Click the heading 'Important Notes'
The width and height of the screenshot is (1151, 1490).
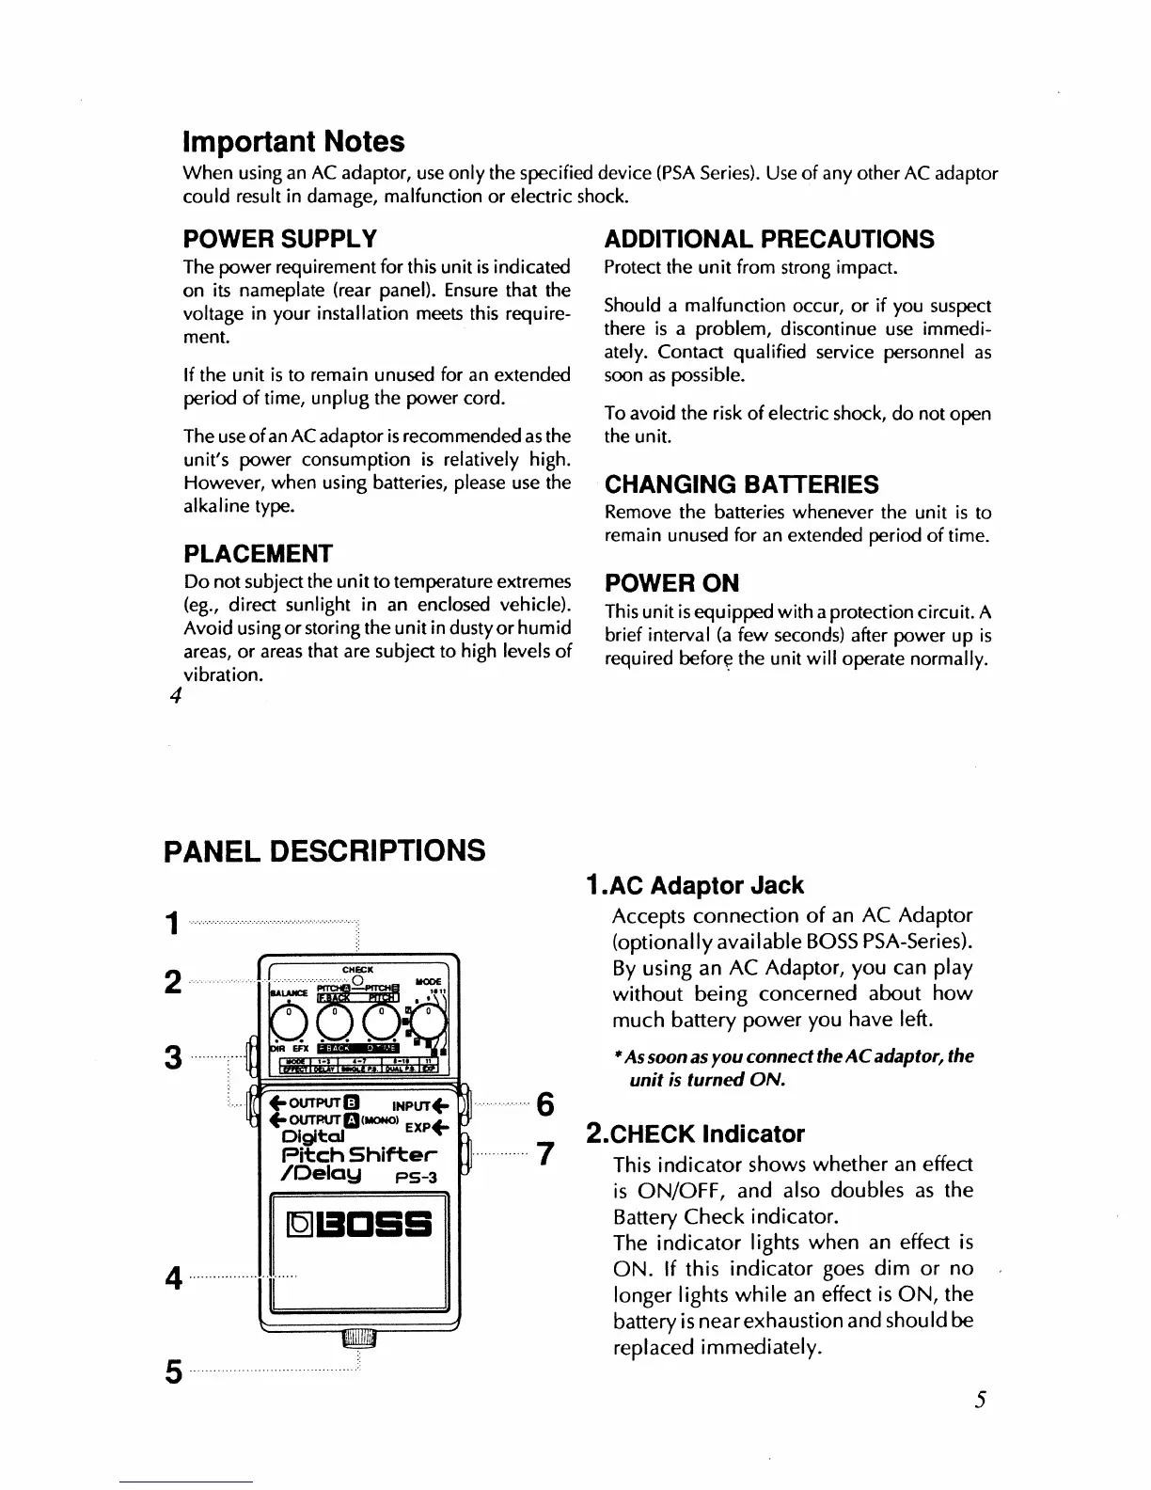(x=293, y=142)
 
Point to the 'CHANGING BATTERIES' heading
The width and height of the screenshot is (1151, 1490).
(x=742, y=485)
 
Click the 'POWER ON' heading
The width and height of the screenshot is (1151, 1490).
(x=671, y=583)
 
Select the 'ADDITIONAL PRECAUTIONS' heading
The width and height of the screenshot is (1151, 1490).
(x=769, y=240)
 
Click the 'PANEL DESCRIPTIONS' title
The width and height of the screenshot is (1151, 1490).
(x=324, y=851)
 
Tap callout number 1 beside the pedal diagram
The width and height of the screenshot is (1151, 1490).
(x=172, y=925)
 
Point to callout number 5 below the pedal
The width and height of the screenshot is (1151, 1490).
(x=172, y=1373)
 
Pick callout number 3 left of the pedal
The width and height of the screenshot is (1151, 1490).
(x=172, y=1058)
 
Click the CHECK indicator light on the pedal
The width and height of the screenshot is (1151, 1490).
(x=358, y=980)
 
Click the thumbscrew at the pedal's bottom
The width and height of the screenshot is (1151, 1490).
(x=358, y=1339)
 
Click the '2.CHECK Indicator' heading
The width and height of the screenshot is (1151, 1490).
(x=695, y=1134)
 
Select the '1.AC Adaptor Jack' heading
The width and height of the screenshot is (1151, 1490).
(x=694, y=886)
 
